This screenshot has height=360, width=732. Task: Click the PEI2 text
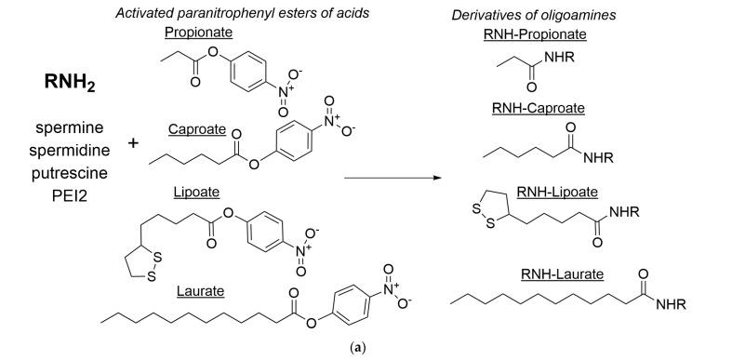55,195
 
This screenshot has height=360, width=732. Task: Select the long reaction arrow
392,173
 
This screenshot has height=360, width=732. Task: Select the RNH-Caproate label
538,108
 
